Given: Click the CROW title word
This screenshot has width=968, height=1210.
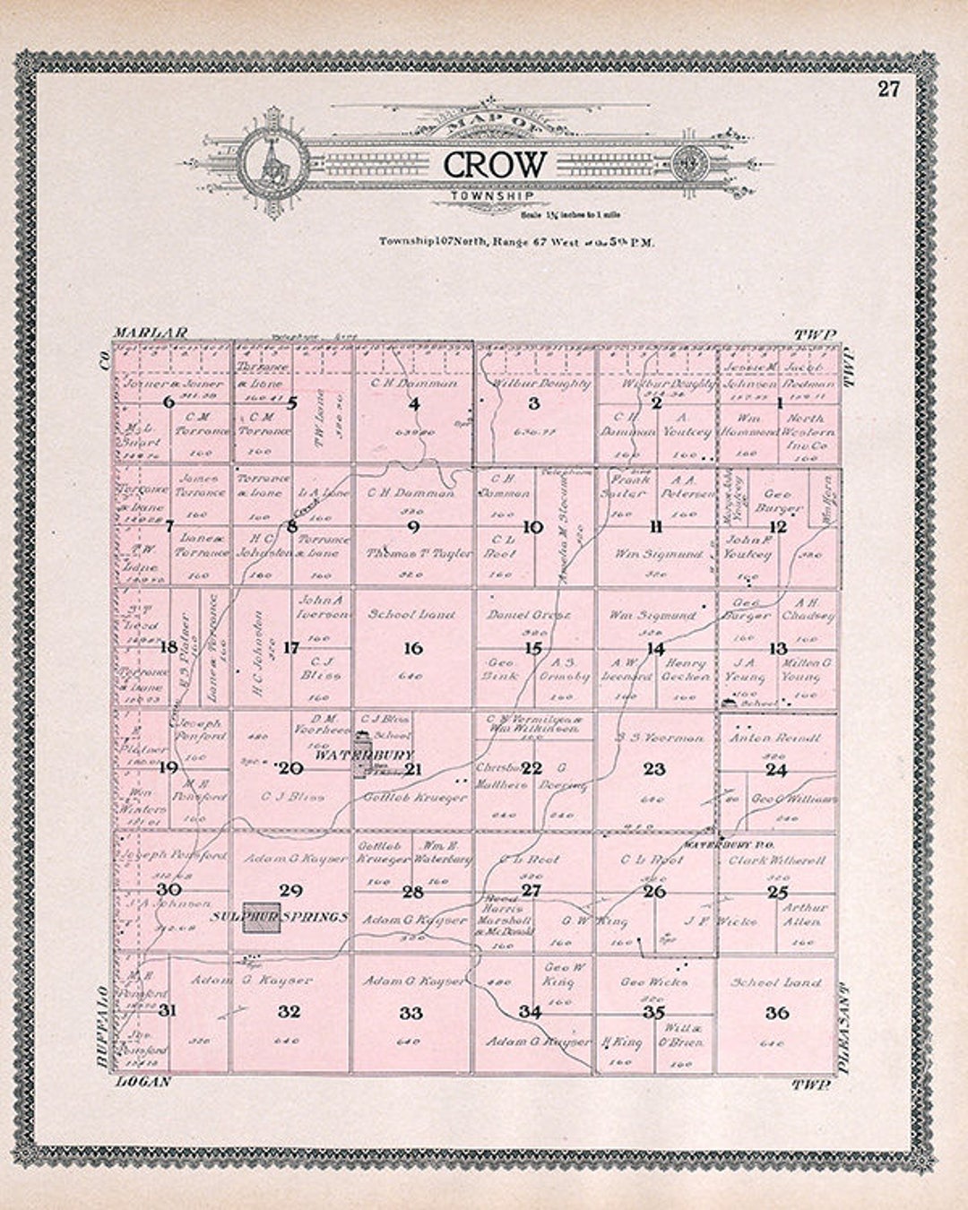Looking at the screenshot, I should coord(494,165).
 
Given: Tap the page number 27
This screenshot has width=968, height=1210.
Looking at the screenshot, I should coord(888,88).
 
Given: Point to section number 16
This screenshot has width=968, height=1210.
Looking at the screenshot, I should coord(413,648).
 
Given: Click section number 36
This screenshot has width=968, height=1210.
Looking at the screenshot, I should coord(777,1012).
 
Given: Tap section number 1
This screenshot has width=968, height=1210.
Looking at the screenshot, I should coord(780,402).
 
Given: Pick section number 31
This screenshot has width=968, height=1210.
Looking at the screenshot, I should coord(167,1012).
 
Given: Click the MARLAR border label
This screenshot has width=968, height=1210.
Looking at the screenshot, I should coord(151,333).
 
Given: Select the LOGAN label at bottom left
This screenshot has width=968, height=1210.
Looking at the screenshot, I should coord(143,1082).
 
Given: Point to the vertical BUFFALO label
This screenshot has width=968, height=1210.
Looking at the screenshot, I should coord(101,1025).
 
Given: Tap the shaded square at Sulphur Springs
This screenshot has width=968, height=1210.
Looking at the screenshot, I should coord(260,917).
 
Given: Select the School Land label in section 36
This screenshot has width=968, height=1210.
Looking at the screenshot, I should coord(776,982).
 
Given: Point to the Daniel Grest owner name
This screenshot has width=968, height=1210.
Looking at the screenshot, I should coord(528,615).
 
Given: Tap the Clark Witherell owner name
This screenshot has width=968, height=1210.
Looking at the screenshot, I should coord(777,860).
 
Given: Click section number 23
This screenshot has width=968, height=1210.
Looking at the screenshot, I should coord(655,768).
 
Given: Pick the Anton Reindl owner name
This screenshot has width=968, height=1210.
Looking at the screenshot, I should coord(775,738).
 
